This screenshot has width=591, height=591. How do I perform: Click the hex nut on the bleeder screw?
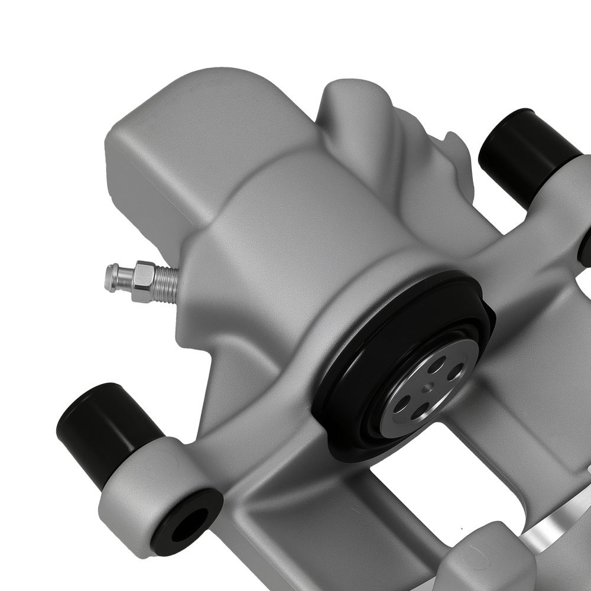pyautogui.click(x=144, y=281)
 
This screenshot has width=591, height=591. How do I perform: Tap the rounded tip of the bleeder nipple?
pyautogui.click(x=111, y=277)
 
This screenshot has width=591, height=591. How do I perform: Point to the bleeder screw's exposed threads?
pyautogui.click(x=167, y=284)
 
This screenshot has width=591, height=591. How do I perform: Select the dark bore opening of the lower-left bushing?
pyautogui.click(x=186, y=526)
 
